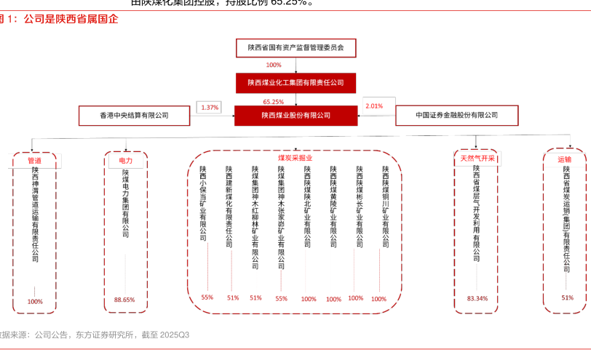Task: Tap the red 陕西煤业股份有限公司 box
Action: click(x=295, y=115)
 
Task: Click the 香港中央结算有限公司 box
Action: click(x=134, y=115)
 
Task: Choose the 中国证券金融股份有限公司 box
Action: click(x=456, y=115)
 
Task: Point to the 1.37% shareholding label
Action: click(x=210, y=108)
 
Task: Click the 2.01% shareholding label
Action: click(x=374, y=106)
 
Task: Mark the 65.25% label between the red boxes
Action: click(x=274, y=102)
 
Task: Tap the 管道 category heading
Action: click(x=34, y=161)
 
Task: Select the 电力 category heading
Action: click(x=125, y=160)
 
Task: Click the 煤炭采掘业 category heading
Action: click(x=295, y=158)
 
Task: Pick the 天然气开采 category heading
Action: click(x=477, y=158)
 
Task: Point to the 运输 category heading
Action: click(x=564, y=159)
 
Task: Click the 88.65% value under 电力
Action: click(x=124, y=300)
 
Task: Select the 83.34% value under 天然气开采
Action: click(x=477, y=298)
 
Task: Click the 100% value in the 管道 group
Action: click(x=35, y=301)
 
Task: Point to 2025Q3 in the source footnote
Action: click(x=175, y=335)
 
